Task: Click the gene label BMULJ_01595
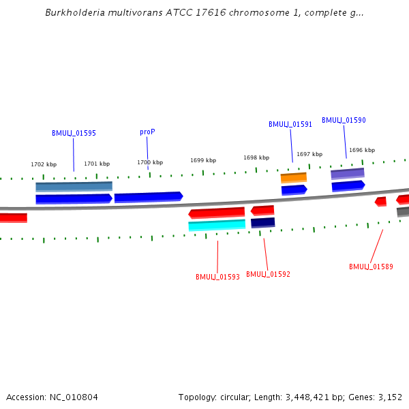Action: [74, 133]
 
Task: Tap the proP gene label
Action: [147, 132]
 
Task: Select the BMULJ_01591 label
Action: [290, 124]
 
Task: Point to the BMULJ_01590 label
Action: [344, 120]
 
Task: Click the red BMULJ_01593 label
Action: [217, 277]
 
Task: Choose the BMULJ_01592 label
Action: [268, 274]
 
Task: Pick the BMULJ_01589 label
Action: [371, 267]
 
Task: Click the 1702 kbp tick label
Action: [44, 164]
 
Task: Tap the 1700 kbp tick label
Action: [150, 162]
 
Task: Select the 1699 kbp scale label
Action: [203, 160]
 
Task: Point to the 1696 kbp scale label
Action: [362, 150]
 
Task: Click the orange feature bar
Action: [294, 178]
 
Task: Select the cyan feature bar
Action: [217, 225]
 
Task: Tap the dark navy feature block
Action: [263, 222]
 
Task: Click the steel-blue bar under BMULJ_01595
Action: [74, 186]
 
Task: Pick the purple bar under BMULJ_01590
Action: [348, 174]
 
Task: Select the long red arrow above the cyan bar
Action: [217, 213]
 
